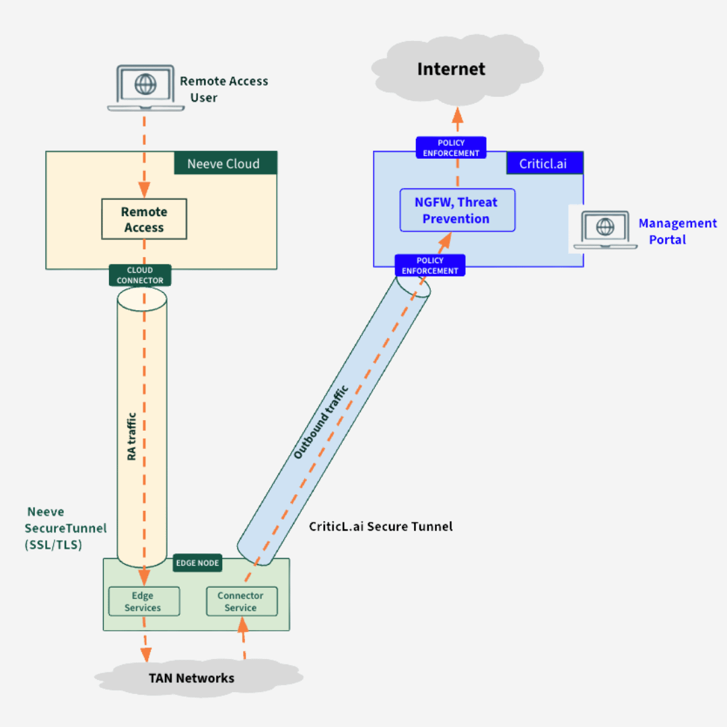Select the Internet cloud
coord(451,69)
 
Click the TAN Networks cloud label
coord(192,678)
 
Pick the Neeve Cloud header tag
coord(225,164)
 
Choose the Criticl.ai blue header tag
coord(545,164)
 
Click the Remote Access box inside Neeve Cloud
coord(144,219)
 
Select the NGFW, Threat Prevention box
coord(457,211)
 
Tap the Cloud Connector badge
coord(140,275)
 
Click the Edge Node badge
coord(197,563)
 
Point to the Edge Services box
coord(143,601)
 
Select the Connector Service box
coord(241,601)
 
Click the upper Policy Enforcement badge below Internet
coord(451,148)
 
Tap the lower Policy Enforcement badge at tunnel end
coord(430,266)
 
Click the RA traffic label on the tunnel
coord(132,436)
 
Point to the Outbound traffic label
coord(321,423)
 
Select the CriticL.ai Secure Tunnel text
coord(381,526)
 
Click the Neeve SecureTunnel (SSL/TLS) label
coord(65,528)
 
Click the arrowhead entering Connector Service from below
coord(243,625)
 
